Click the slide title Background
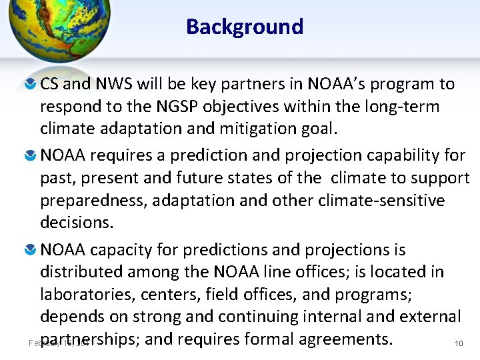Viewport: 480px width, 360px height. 245,27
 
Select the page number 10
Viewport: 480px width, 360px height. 458,343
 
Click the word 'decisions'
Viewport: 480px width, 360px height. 75,222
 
